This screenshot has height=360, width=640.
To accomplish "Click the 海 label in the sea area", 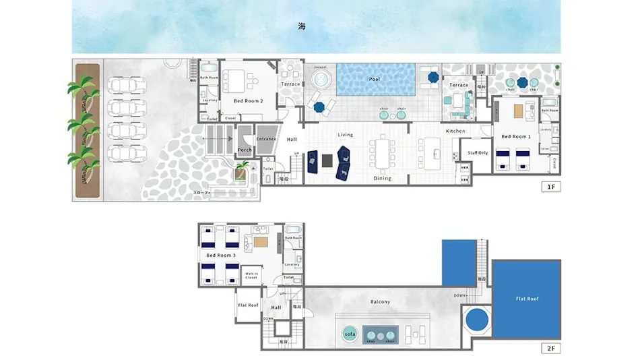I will coord(302,27).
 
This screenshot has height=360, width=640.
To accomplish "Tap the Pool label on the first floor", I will coord(375,79).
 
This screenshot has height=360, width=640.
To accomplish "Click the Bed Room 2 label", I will coord(248,101).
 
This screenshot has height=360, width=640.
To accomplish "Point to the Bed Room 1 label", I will coord(516,137).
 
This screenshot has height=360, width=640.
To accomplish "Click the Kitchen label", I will coord(455,131).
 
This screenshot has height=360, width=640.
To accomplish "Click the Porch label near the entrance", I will coord(245,150).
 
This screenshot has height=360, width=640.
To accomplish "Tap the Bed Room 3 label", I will coord(221,256).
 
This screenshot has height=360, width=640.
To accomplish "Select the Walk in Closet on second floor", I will coord(251,275).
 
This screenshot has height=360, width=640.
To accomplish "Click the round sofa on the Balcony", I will coord(350,334).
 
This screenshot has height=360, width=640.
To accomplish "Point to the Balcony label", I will coord(380,301).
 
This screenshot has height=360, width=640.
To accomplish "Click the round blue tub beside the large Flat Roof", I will coord(478,319).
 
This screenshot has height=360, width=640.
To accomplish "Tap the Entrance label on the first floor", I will coord(267,139).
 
